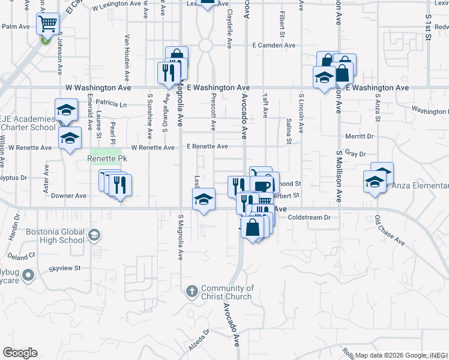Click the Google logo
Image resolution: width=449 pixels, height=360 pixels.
(20, 353)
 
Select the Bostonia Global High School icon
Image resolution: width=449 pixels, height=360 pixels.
(93, 234)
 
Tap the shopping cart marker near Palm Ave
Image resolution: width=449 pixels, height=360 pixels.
(47, 25)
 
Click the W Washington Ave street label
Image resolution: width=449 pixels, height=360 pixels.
(98, 88)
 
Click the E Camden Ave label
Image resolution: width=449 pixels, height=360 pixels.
(274, 45)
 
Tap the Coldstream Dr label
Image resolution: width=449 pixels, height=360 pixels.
(309, 217)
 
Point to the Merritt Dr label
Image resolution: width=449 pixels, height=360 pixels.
(360, 136)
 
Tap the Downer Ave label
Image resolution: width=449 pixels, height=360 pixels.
(69, 196)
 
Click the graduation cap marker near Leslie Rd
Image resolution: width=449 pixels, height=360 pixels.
(204, 199)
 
